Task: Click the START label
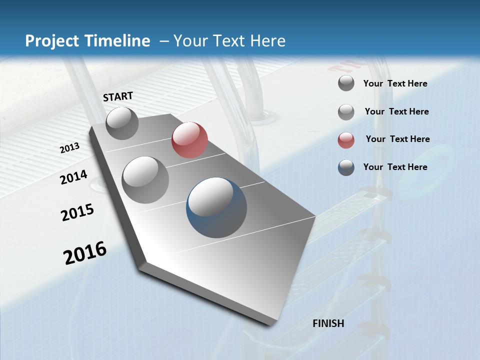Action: (118, 96)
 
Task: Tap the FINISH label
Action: (328, 323)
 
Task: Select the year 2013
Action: (70, 148)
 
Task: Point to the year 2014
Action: (74, 177)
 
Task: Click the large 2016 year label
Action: (85, 252)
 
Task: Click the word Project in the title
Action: (52, 41)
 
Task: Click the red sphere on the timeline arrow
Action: (189, 140)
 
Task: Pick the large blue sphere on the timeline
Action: (216, 207)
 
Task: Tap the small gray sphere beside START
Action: (122, 123)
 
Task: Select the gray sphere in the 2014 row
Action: (145, 179)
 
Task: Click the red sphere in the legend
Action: (346, 140)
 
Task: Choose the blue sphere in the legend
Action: (346, 167)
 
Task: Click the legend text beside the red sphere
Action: (397, 139)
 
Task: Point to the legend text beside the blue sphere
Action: (395, 167)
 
